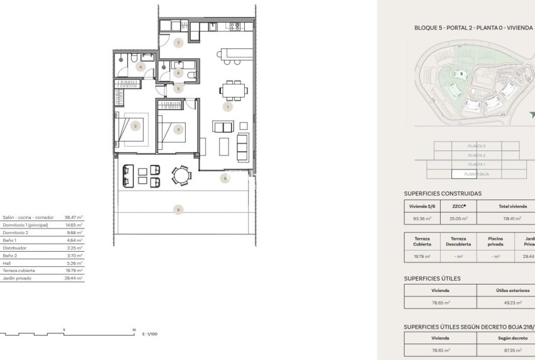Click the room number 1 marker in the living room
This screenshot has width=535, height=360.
pyautogui.click(x=227, y=107)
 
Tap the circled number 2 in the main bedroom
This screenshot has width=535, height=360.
pyautogui.click(x=135, y=126)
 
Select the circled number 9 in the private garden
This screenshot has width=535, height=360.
pyautogui.click(x=179, y=210)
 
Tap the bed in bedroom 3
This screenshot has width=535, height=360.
pyautogui.click(x=177, y=131)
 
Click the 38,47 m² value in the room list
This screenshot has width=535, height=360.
pyautogui.click(x=74, y=217)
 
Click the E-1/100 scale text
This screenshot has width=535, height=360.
pyautogui.click(x=150, y=334)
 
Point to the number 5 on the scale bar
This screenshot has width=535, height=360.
pyautogui.click(x=64, y=329)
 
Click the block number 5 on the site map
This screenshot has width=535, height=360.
pyautogui.click(x=462, y=74)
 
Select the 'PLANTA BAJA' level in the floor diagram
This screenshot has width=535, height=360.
pyautogui.click(x=476, y=174)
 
